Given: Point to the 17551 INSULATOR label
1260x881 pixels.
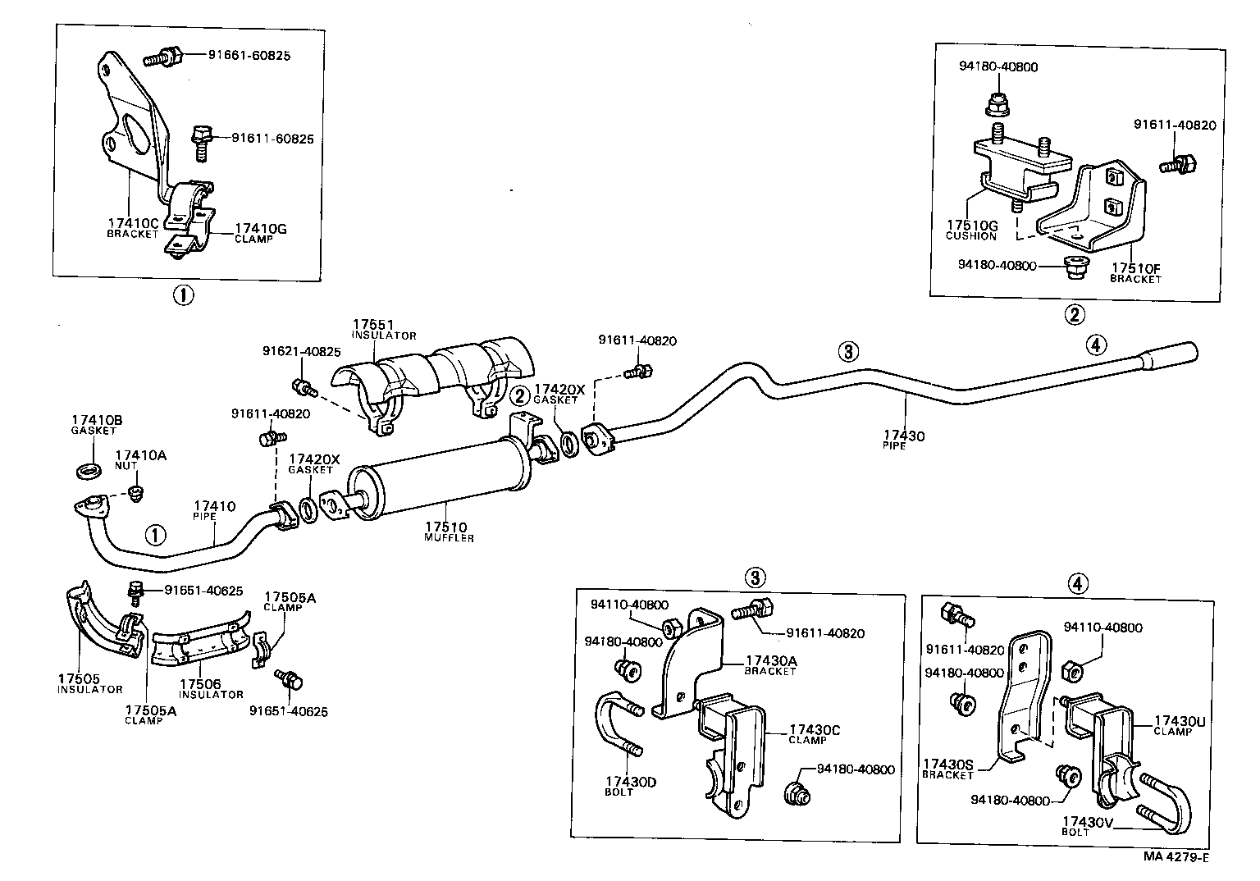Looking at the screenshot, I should click(x=384, y=329).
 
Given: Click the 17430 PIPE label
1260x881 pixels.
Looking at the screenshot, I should click(x=903, y=440).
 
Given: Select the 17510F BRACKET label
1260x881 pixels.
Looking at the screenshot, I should click(x=1135, y=272).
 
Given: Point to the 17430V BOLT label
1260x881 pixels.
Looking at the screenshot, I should click(x=1088, y=825).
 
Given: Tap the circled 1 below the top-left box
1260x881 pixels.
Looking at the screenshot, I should click(x=183, y=294).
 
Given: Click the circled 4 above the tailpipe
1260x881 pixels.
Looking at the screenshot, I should click(x=1097, y=345).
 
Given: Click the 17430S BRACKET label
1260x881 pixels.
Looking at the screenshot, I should click(x=948, y=769).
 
